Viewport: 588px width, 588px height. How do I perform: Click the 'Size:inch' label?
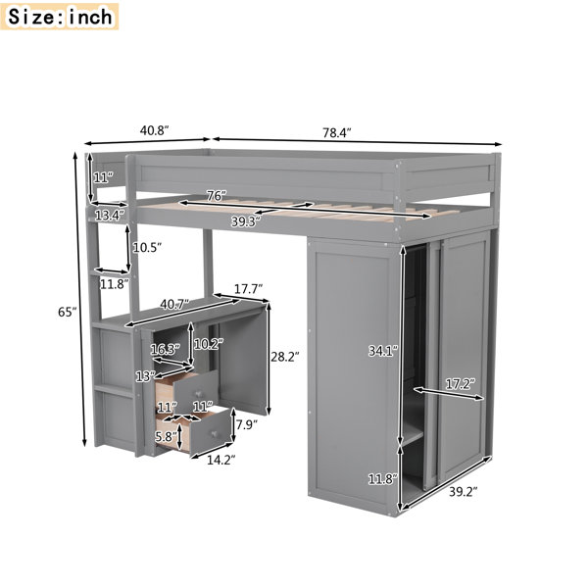pyautogui.click(x=60, y=17)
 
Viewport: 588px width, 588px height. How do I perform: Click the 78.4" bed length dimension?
pyautogui.click(x=337, y=132)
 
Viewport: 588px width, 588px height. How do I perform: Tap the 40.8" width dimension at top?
pyautogui.click(x=155, y=130)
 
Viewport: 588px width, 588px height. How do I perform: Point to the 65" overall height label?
pyautogui.click(x=67, y=311)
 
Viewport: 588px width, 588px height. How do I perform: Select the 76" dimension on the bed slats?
pyautogui.click(x=217, y=196)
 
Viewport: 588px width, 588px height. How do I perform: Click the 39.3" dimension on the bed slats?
pyautogui.click(x=246, y=221)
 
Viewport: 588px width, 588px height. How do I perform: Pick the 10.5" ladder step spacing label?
pyautogui.click(x=147, y=247)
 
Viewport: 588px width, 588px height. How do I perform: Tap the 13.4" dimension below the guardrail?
pyautogui.click(x=109, y=216)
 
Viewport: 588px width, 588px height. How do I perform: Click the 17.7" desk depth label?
pyautogui.click(x=248, y=289)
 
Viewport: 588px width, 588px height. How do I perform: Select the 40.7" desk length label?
pyautogui.click(x=174, y=304)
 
